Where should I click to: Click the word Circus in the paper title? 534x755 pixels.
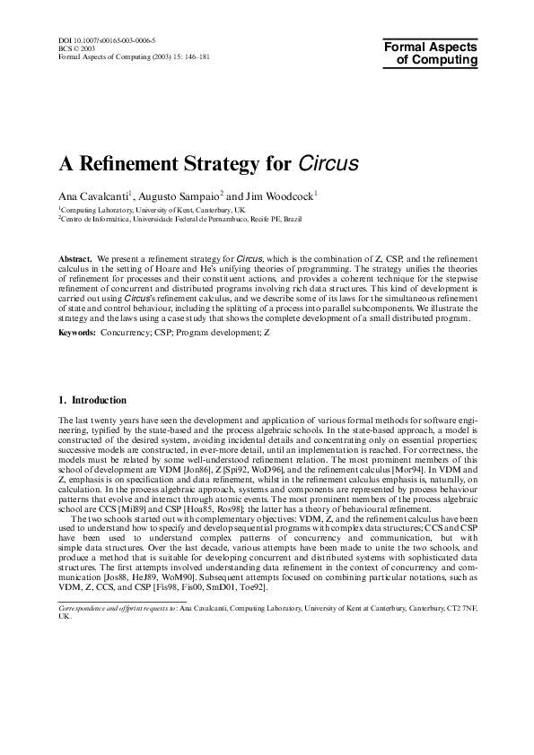[328, 164]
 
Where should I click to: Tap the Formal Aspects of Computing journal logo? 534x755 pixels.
[431, 52]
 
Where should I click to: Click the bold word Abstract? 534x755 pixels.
[75, 256]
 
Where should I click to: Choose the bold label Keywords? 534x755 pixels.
[77, 332]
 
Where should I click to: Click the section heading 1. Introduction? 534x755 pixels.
[92, 399]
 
